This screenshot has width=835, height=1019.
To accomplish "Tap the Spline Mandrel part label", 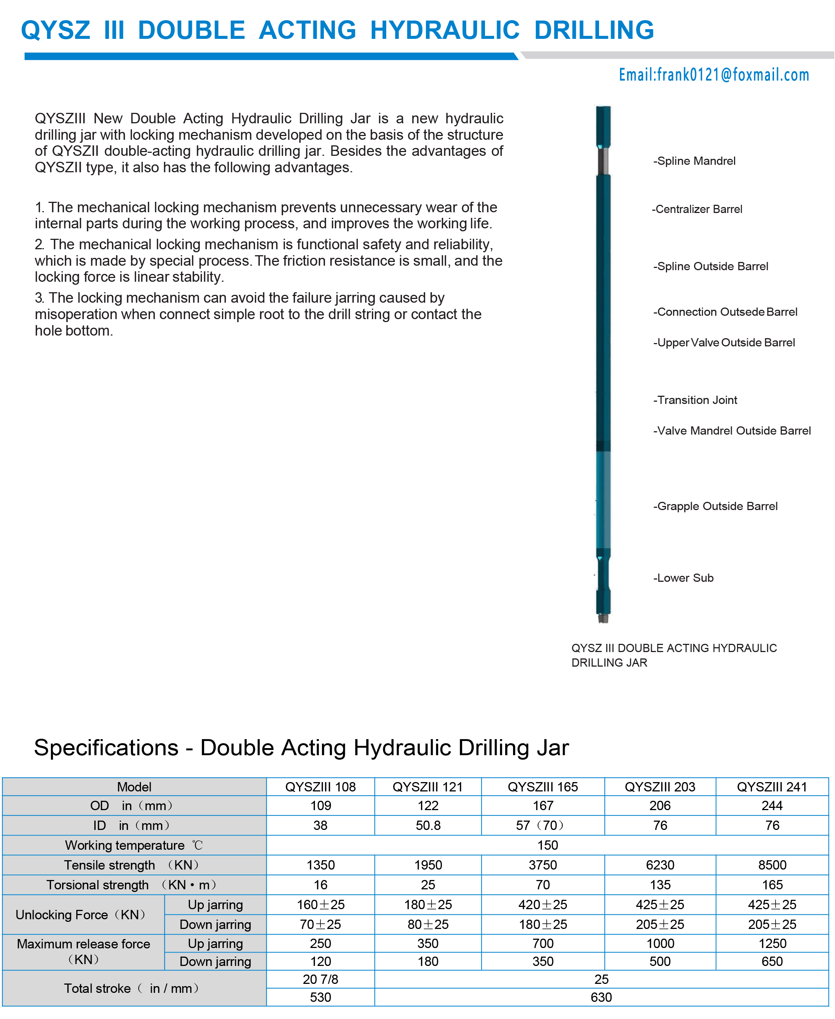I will pos(694,161).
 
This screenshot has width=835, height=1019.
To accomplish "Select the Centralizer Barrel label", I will pos(697,209).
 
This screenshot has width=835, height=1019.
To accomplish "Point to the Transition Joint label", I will pos(696,400).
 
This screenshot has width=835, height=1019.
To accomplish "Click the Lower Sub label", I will pos(684,578).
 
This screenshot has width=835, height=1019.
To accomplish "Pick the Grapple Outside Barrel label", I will pos(716,506).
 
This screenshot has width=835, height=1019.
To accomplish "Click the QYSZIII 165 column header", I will pos(543,787).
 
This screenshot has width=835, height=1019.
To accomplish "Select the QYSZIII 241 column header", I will pos(771,787).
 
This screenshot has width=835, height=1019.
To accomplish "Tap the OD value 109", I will pos(320,806).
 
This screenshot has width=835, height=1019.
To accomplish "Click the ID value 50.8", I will pos(428,825).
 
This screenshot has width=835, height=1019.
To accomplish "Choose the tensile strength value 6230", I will pos(660,865).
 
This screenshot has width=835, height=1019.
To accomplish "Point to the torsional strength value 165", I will pos(772,884).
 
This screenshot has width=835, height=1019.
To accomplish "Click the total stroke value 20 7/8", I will pos(320,979).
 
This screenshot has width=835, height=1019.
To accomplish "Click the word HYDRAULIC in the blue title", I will pos(445,30).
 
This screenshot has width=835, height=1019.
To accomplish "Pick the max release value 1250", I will pos(772,943).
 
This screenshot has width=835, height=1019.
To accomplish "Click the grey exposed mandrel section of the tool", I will pos(603,161).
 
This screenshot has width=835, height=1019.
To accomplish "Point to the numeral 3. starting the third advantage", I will pos(39,298).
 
